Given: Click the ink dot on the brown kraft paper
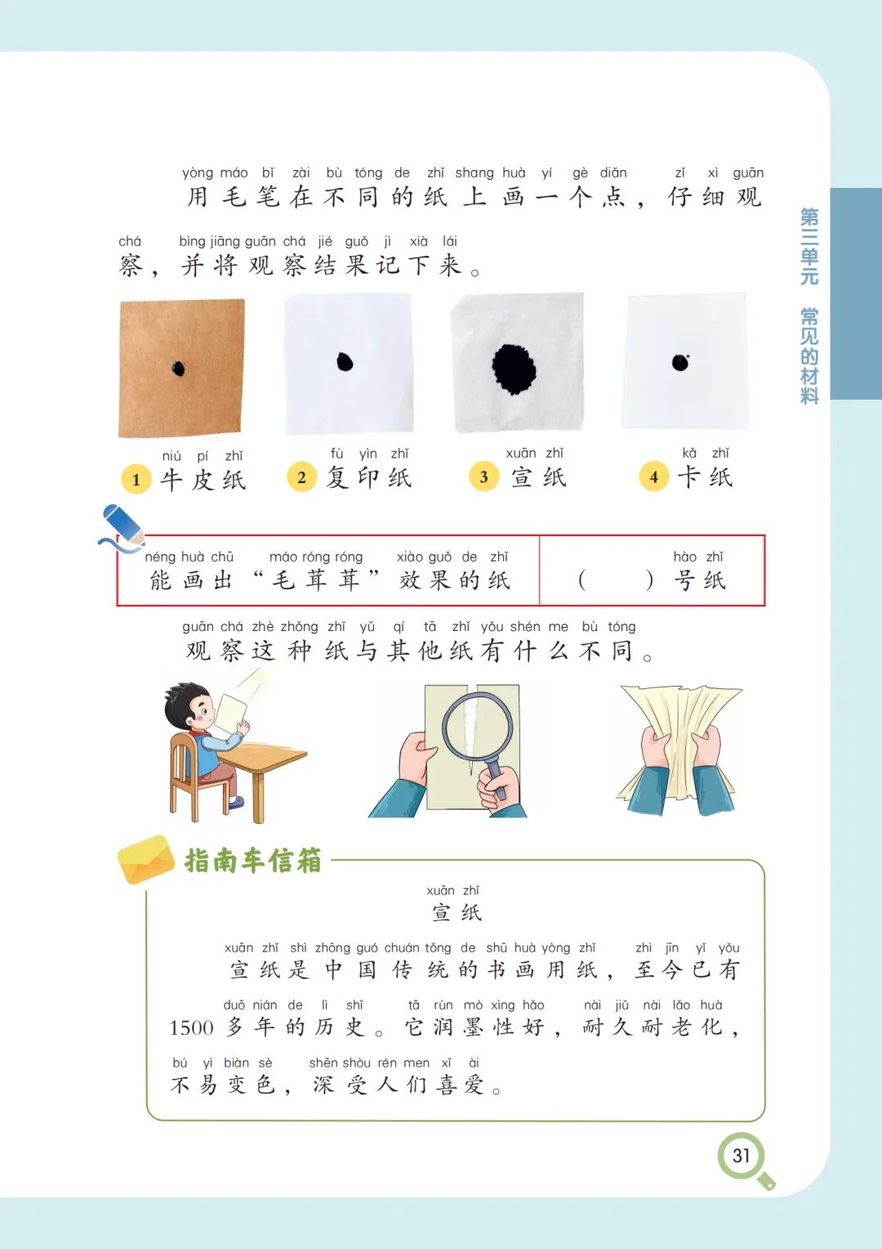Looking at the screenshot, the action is (x=178, y=369).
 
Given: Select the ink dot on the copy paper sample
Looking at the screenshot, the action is (x=345, y=362).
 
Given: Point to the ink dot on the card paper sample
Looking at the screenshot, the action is (x=680, y=362).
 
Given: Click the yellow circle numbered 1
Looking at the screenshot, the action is (x=136, y=479).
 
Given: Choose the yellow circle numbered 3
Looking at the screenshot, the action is (x=483, y=477).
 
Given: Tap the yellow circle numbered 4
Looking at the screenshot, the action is (x=653, y=477).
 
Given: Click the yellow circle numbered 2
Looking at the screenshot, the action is (x=301, y=477).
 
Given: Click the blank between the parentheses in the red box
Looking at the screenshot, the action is (x=616, y=580).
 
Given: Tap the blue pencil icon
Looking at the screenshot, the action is (x=123, y=526).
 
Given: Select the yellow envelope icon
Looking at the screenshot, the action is (x=146, y=859).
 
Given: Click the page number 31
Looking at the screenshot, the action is (x=741, y=1155).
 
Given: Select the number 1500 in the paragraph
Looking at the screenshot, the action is (x=191, y=1027).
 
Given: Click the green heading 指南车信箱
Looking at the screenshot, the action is (x=253, y=860).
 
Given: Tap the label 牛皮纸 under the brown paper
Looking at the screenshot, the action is (x=203, y=480).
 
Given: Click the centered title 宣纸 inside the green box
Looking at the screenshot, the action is (x=457, y=913).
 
